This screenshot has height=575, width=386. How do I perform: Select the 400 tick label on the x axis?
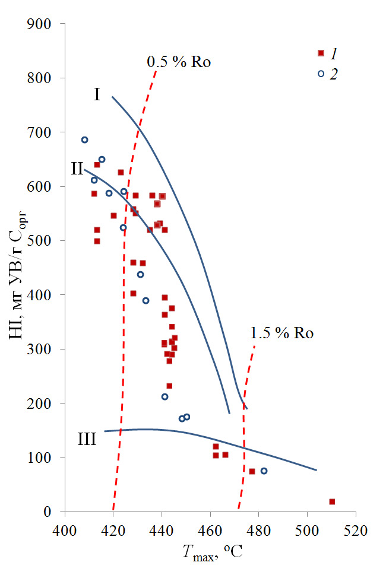[65, 526]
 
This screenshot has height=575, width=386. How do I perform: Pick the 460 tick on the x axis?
[211, 512]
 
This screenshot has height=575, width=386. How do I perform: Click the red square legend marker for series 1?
[321, 53]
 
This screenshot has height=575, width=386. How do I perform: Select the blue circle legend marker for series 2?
[321, 74]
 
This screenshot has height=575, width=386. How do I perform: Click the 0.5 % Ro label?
[179, 61]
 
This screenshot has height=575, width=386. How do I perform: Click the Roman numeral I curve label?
[96, 94]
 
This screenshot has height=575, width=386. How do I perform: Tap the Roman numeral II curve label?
[77, 169]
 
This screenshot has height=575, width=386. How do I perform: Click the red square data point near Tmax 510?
[332, 501]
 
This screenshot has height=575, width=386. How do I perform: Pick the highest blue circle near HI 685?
[85, 140]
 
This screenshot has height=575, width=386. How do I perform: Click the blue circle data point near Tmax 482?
[264, 471]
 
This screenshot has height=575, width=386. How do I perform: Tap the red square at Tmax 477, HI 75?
[252, 471]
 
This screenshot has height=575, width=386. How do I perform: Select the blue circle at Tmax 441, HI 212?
[164, 396]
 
